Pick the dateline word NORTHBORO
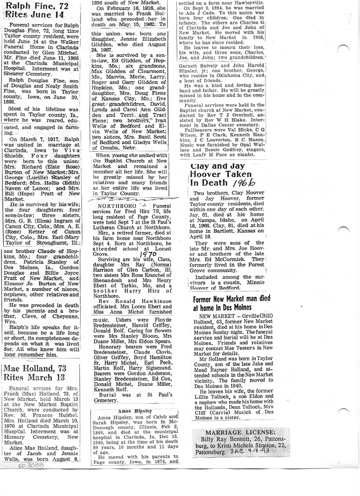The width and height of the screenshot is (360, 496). coord(115,204)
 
